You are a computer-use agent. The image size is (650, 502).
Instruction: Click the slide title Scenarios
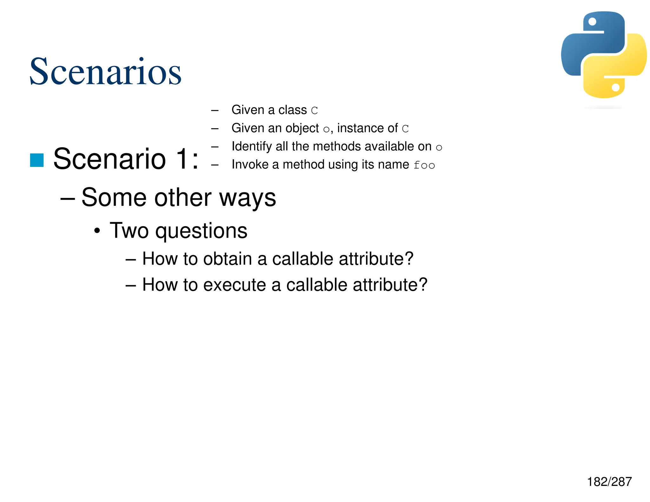(x=105, y=72)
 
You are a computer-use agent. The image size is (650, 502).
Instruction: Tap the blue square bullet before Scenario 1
(x=37, y=160)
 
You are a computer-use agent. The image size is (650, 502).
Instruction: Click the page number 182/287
(x=609, y=482)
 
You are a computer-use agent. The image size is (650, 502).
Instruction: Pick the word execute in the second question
(x=234, y=285)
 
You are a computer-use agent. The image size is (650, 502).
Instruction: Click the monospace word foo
(x=424, y=165)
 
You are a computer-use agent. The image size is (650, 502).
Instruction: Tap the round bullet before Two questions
(x=97, y=231)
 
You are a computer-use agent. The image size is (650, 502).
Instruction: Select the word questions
(x=201, y=231)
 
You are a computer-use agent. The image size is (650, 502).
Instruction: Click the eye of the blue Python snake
(x=592, y=22)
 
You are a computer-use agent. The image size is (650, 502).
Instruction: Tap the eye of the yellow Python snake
(x=615, y=87)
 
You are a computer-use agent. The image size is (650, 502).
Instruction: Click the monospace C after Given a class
(x=314, y=111)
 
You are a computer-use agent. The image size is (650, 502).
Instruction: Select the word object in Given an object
(x=302, y=129)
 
